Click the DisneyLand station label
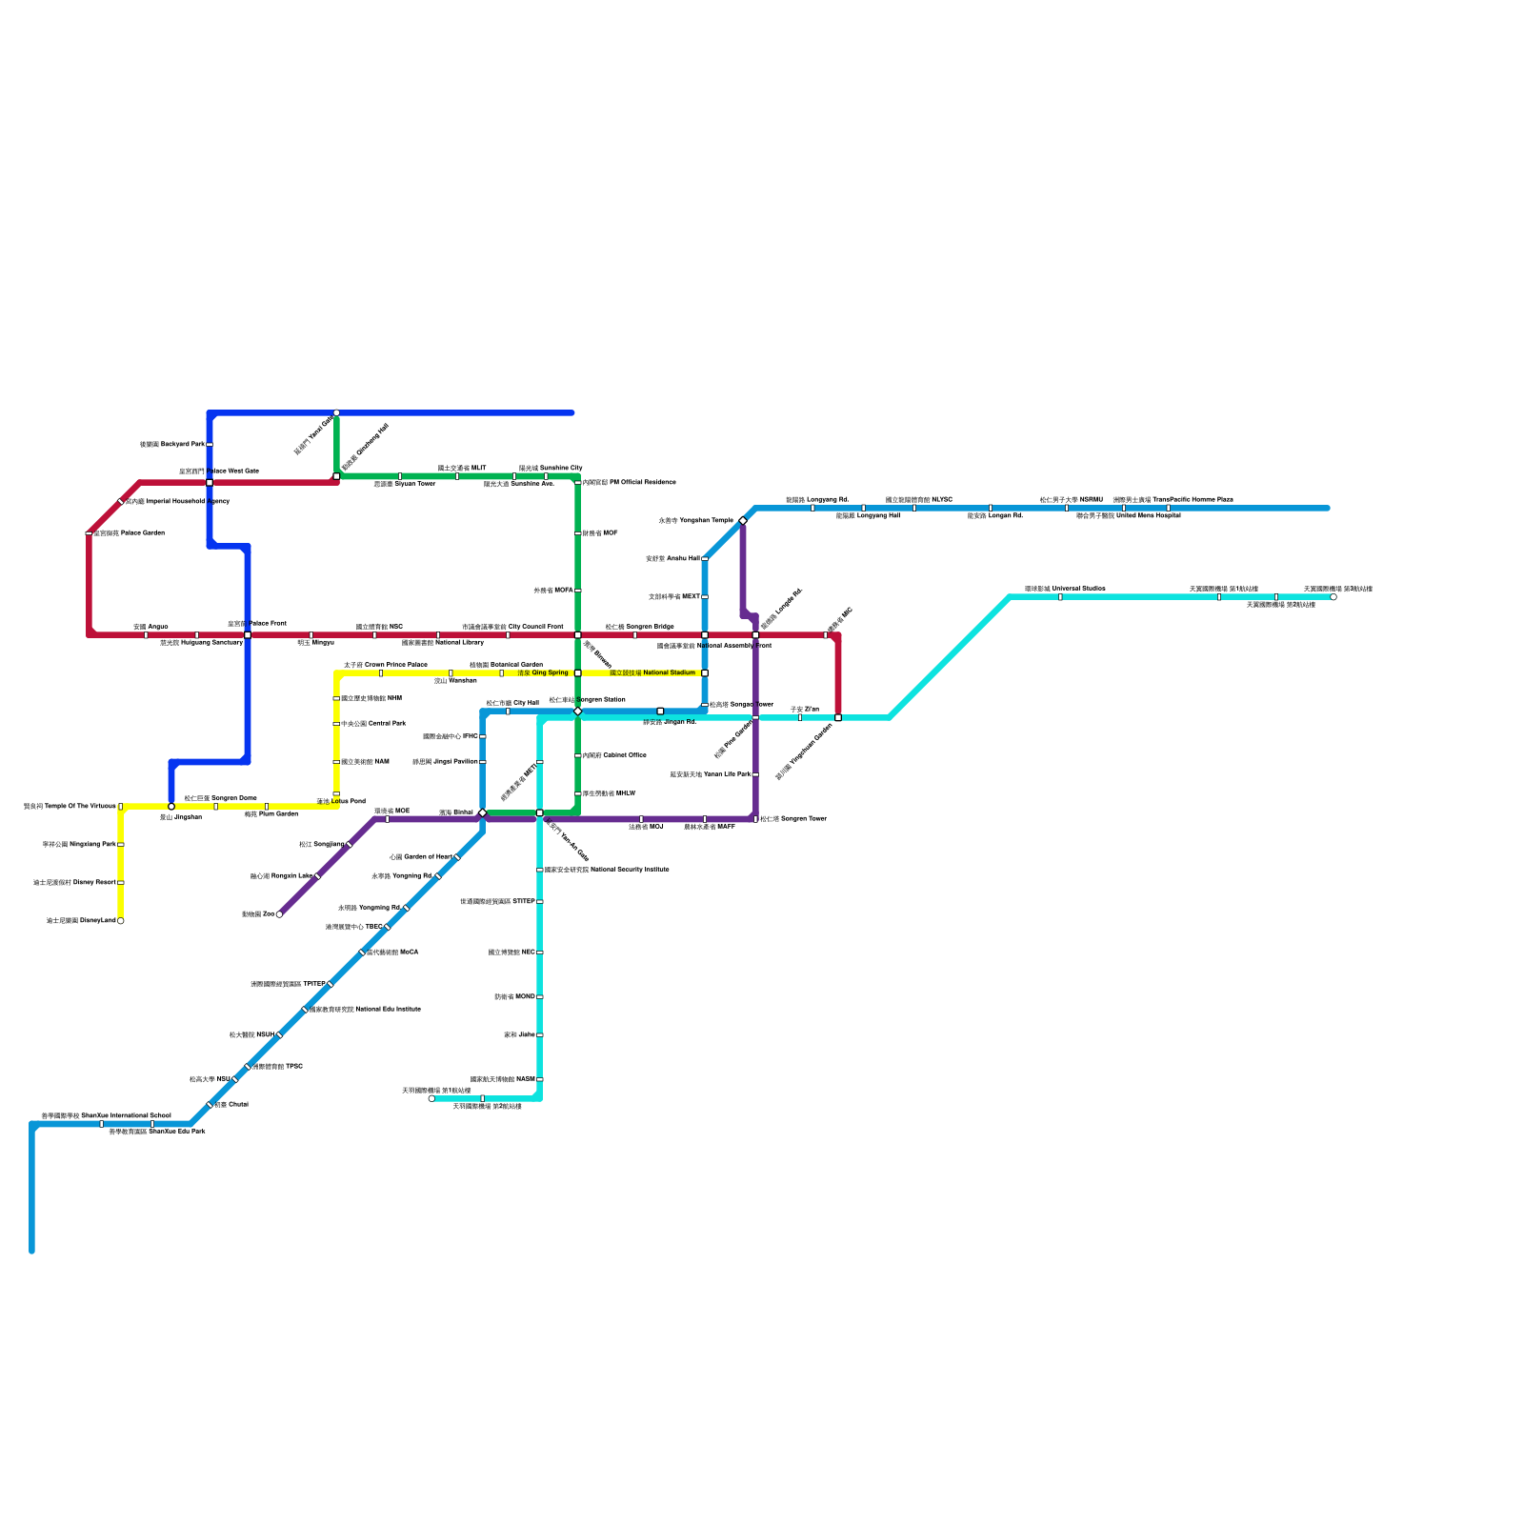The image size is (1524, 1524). coord(81,921)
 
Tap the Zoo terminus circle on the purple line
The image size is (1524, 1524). coord(279,914)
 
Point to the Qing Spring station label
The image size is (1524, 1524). coord(543,673)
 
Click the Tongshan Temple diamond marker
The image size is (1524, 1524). coord(743,520)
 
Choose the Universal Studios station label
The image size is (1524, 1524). coord(1065,589)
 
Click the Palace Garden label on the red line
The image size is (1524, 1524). coord(130,533)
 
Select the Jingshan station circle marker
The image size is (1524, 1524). coord(171,807)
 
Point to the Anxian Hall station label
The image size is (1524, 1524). coord(672,559)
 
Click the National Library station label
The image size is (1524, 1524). coord(443,643)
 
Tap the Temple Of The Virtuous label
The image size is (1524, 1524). coord(70,807)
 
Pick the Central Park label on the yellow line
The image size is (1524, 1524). coord(373,724)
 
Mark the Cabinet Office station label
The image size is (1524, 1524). coord(614,755)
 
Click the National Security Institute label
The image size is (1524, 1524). coord(607,870)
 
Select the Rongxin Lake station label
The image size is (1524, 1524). coord(281,876)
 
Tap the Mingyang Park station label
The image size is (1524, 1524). coord(79,845)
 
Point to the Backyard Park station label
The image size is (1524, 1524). coord(172,445)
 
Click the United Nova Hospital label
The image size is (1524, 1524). coord(1129,516)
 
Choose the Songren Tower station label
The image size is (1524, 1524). coord(793,819)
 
